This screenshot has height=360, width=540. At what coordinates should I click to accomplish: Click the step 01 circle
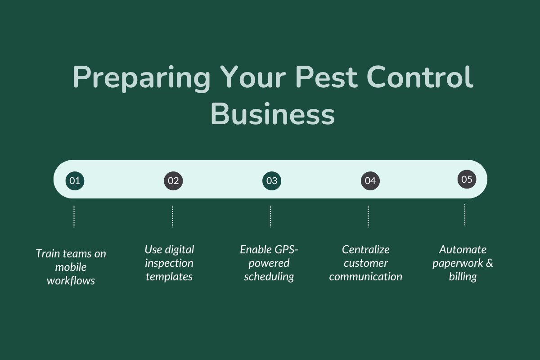pyautogui.click(x=75, y=181)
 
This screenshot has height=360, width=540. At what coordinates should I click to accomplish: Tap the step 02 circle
pyautogui.click(x=173, y=181)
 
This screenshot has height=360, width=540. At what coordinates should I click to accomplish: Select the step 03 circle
pyautogui.click(x=272, y=181)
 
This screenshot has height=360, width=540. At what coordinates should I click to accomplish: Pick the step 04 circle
pyautogui.click(x=370, y=181)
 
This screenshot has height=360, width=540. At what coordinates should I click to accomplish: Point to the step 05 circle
pyautogui.click(x=467, y=180)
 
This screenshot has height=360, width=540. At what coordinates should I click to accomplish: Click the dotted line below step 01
pyautogui.click(x=74, y=216)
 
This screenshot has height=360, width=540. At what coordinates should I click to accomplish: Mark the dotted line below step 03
pyautogui.click(x=270, y=216)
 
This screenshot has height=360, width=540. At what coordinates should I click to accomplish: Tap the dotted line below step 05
pyautogui.click(x=464, y=215)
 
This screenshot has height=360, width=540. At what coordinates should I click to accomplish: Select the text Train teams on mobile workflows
pyautogui.click(x=71, y=267)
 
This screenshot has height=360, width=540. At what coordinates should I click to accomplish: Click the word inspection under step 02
pyautogui.click(x=169, y=263)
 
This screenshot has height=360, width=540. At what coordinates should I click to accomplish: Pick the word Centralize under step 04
pyautogui.click(x=365, y=249)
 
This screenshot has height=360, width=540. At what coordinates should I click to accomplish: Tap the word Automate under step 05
pyautogui.click(x=463, y=249)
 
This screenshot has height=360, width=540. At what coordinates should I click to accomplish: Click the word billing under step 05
pyautogui.click(x=463, y=277)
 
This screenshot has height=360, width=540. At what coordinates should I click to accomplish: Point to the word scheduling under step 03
pyautogui.click(x=269, y=277)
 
